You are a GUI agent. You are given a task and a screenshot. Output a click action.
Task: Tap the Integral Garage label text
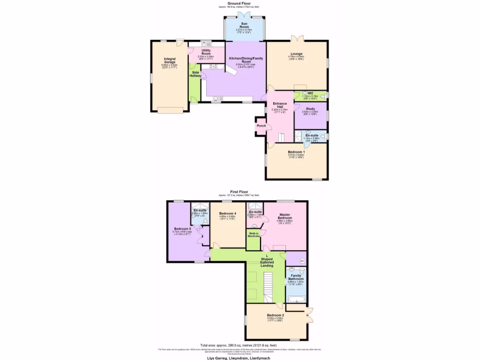pyautogui.click(x=169, y=60)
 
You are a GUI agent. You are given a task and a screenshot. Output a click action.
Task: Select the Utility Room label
pyautogui.click(x=206, y=52)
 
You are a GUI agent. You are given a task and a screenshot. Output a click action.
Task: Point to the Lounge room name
pyautogui.click(x=296, y=54)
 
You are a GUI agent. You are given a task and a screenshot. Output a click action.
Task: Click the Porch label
pyautogui.click(x=261, y=126)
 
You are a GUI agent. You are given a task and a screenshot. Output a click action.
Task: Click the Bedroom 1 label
pyautogui.click(x=296, y=152)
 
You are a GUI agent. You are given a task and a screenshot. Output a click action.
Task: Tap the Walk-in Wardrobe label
pyautogui.click(x=253, y=234)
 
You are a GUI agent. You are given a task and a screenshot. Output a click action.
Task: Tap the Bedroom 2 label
pyautogui.click(x=276, y=315)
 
